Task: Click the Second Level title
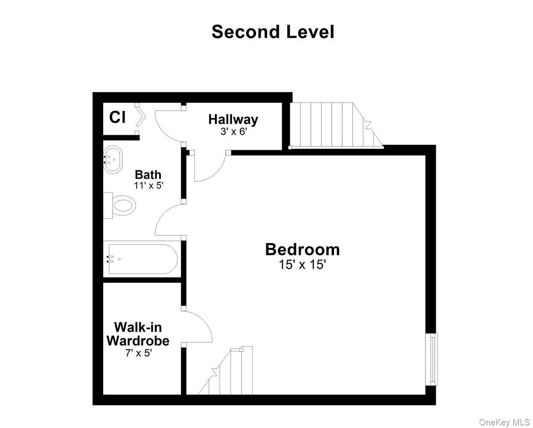273,32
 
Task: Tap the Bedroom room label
302,249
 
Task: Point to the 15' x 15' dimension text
302,265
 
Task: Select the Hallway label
233,119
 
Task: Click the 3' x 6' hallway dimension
234,131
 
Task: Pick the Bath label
148,175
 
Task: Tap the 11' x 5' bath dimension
148,186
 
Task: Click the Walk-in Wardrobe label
138,334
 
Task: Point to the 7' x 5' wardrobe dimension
138,354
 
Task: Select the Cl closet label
117,117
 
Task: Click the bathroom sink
113,160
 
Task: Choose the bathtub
141,259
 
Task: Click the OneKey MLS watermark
504,422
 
